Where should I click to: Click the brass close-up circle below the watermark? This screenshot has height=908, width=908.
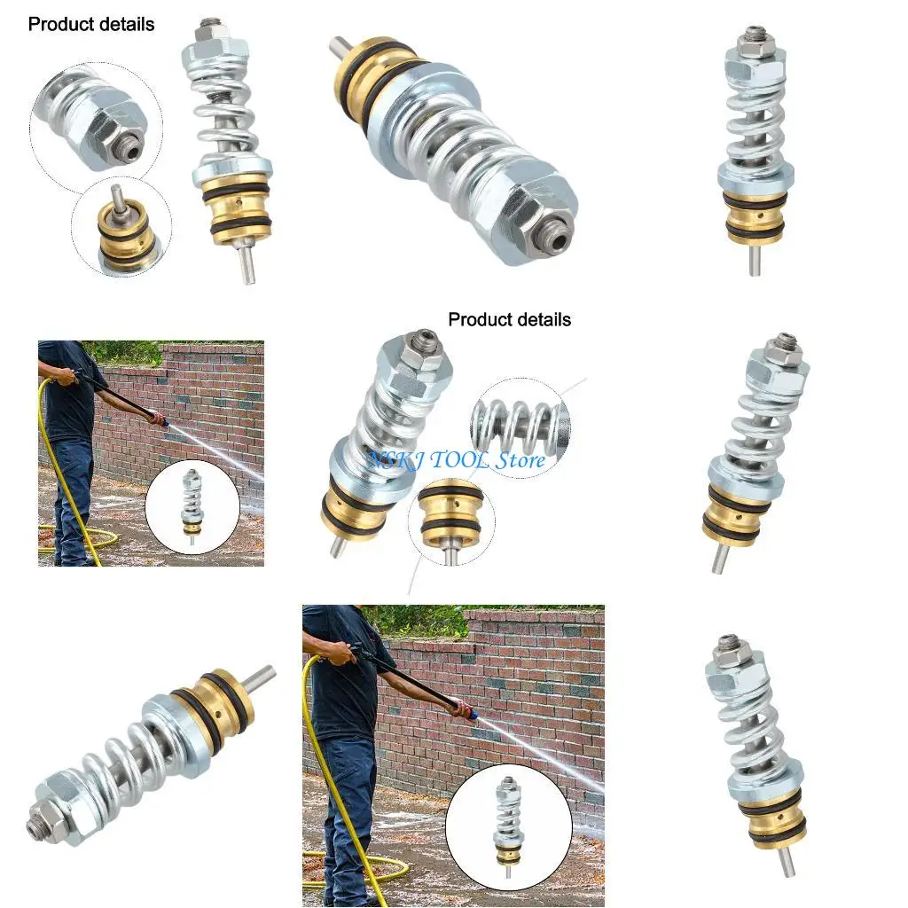click(450, 523)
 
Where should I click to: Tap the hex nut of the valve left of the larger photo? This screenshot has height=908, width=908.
click(65, 797)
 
